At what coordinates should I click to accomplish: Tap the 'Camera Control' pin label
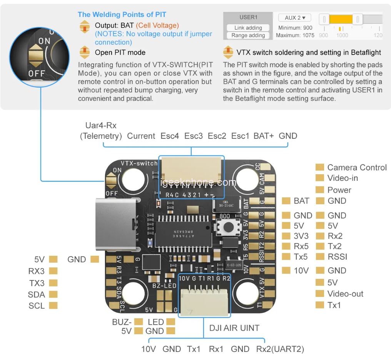point(357,167)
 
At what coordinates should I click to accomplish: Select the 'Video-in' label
point(343,178)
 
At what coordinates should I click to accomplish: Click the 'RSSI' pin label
point(337,257)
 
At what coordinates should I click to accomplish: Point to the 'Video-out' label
point(345,294)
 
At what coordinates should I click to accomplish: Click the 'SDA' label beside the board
point(37,295)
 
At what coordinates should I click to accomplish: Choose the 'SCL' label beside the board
point(37,306)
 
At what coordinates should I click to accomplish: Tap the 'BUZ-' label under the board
point(122,322)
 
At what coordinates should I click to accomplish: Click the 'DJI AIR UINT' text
point(234,328)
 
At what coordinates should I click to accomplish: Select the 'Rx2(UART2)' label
point(280,349)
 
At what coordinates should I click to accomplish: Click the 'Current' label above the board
point(141,136)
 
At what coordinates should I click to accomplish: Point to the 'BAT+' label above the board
point(264,136)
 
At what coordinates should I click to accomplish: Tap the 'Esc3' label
point(194,136)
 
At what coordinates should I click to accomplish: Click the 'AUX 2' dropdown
point(295,18)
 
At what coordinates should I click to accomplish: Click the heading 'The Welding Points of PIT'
point(122,15)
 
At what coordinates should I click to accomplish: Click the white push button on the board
point(225,227)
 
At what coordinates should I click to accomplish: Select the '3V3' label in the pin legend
point(301,236)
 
